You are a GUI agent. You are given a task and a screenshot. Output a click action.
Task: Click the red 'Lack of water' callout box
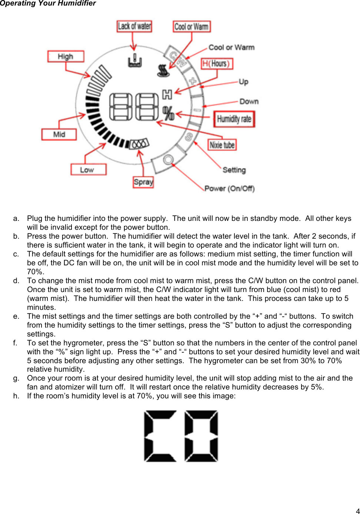click(134, 26)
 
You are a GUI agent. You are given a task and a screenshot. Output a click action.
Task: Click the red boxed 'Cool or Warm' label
click(191, 27)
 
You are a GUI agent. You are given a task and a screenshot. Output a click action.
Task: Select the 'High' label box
click(66, 56)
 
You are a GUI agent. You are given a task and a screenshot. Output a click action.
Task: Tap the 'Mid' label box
click(59, 134)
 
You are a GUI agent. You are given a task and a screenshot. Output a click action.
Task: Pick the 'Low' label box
click(88, 170)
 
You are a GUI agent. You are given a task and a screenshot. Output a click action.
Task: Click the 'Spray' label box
click(143, 182)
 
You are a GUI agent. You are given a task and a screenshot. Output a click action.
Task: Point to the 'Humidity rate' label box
click(234, 119)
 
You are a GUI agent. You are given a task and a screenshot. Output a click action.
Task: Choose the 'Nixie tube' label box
click(222, 145)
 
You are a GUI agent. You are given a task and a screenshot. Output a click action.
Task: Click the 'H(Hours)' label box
click(217, 64)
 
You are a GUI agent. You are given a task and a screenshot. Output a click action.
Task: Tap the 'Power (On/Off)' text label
click(229, 188)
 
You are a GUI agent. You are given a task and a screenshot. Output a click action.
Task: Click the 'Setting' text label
click(234, 170)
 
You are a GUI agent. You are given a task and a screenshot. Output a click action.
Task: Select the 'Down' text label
click(249, 101)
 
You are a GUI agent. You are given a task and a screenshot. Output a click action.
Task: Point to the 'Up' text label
click(243, 82)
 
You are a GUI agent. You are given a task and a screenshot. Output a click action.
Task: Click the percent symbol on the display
click(168, 113)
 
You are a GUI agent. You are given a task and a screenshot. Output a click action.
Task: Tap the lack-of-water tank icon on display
click(135, 61)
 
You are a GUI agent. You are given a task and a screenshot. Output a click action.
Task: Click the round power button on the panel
click(168, 160)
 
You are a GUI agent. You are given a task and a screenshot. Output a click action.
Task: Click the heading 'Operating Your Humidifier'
click(48, 3)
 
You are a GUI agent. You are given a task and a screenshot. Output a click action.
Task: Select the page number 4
click(357, 511)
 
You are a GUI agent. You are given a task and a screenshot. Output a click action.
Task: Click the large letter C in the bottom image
click(160, 436)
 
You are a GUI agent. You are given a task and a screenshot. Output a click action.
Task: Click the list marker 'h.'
click(16, 396)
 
